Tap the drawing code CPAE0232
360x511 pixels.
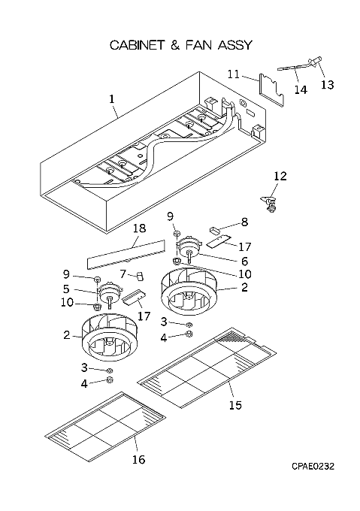coord(313,467)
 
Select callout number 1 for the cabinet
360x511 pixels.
coord(112,98)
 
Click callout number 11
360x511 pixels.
coord(233,74)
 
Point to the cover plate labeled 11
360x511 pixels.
coord(272,89)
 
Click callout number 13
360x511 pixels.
coord(328,85)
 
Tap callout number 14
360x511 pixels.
coord(301,89)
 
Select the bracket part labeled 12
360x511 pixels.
coord(268,204)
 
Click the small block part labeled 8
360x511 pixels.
coord(214,231)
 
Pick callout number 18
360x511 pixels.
coord(139,228)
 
